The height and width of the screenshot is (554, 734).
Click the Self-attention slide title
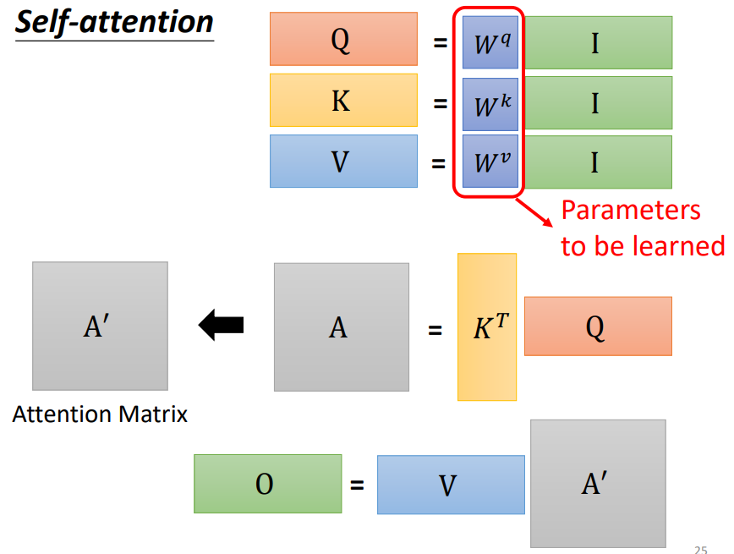pyautogui.click(x=113, y=22)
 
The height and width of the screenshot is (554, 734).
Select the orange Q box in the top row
pyautogui.click(x=343, y=39)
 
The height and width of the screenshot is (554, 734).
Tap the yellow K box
pyautogui.click(x=343, y=100)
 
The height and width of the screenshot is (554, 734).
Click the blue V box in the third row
pyautogui.click(x=343, y=161)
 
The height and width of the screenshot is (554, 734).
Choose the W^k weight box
pyautogui.click(x=490, y=102)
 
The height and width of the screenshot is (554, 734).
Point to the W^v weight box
pyautogui.click(x=490, y=162)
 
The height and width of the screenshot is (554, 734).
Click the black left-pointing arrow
pyautogui.click(x=221, y=325)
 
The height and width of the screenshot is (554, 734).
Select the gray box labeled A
pyautogui.click(x=341, y=326)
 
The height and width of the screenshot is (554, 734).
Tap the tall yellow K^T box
pyautogui.click(x=487, y=326)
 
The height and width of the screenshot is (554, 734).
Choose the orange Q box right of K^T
pyautogui.click(x=598, y=326)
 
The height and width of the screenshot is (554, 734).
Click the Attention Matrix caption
pyautogui.click(x=100, y=414)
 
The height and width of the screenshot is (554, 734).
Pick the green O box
pyautogui.click(x=267, y=484)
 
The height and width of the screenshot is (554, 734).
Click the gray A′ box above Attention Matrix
pyautogui.click(x=100, y=326)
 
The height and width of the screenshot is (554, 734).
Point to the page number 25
pyautogui.click(x=700, y=547)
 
